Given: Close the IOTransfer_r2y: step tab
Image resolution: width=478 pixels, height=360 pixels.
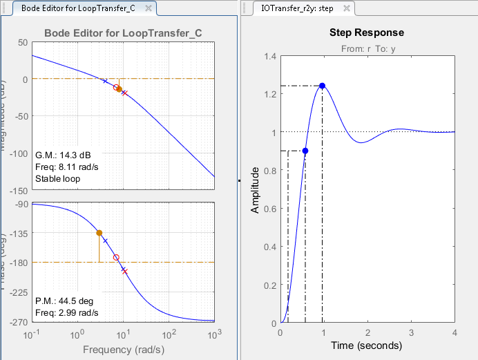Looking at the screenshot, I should point(347,9).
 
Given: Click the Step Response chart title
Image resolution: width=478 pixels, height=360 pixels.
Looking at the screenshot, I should point(367,33).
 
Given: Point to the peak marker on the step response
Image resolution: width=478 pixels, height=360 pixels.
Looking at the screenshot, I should point(322,86).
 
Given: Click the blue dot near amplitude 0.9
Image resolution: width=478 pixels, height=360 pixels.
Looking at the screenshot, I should point(305,151).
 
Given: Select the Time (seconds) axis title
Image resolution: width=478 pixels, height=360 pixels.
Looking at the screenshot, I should point(367,345).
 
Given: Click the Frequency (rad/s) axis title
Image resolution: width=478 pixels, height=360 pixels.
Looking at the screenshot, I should point(122,350).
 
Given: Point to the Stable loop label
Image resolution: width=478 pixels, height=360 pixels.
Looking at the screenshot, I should point(57,179).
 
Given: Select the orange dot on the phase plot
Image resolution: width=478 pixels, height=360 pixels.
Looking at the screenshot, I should point(99,233).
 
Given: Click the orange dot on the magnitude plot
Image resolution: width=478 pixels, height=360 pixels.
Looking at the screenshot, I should point(119,89).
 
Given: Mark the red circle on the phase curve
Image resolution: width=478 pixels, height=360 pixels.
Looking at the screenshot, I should point(116,257).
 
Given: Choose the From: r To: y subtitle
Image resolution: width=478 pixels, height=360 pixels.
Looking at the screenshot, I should point(367,49).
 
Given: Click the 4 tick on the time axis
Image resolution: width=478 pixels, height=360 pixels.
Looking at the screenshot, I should point(455,332).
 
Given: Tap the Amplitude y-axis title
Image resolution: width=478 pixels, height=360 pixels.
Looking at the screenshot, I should point(256,189).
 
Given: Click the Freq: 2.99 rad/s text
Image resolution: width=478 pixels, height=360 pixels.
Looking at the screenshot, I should point(66,313).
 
